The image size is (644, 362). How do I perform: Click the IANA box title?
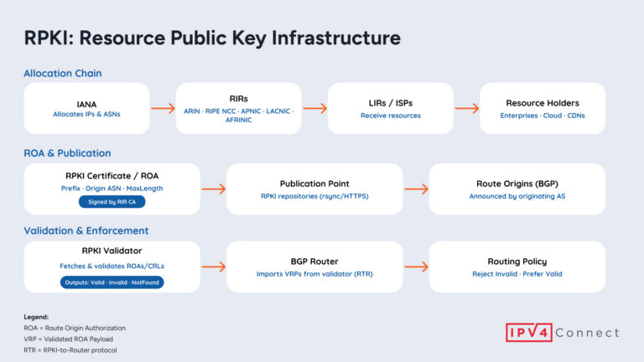(x=87, y=103)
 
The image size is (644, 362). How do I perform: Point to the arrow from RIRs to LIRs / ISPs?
(x=314, y=108)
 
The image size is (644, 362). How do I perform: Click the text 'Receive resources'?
(x=390, y=116)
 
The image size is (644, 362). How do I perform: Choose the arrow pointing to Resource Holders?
(x=466, y=108)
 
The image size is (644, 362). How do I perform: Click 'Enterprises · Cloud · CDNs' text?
(x=542, y=116)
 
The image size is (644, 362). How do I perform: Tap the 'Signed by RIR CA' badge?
(x=112, y=202)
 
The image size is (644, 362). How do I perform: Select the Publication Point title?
(x=314, y=184)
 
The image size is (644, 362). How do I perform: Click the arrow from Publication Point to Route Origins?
(x=416, y=189)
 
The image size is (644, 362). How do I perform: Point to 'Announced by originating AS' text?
(x=516, y=196)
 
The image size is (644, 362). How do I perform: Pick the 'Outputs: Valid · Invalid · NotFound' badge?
(x=112, y=282)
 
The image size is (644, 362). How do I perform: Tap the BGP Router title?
(x=314, y=261)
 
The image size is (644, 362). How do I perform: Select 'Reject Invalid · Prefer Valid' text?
(x=516, y=274)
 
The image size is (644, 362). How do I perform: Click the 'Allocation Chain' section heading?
(x=63, y=74)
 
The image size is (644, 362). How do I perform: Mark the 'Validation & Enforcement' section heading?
(x=86, y=230)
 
